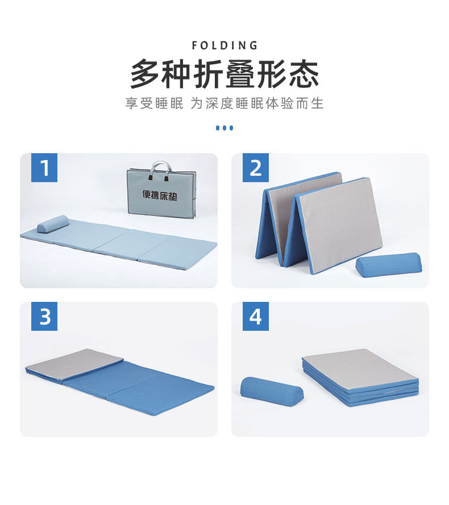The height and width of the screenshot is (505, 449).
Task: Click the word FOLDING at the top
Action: point(224,45)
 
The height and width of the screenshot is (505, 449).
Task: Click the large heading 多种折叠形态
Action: point(224,74)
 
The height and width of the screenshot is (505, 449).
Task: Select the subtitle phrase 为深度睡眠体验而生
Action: point(256,104)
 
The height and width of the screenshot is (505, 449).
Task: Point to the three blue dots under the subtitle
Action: point(224,128)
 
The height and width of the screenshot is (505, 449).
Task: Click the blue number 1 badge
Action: point(44,168)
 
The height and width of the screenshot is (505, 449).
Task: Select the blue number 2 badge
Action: point(256,168)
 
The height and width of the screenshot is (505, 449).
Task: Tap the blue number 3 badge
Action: point(44,317)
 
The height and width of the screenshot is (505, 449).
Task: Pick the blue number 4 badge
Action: point(256,317)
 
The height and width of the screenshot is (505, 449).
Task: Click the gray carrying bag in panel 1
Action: point(161,193)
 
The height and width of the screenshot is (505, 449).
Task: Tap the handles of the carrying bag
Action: point(161,168)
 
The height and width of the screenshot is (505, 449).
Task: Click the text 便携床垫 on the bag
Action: point(160,195)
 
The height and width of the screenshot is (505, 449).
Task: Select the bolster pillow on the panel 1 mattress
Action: point(53,224)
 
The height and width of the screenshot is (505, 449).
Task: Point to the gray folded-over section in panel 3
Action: point(74,363)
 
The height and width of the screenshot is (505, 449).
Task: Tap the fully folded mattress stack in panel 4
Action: point(361,377)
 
